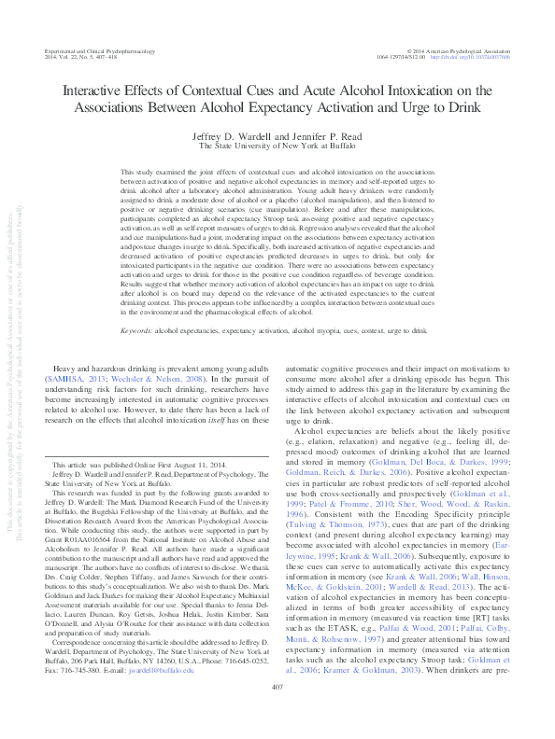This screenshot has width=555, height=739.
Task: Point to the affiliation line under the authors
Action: (x=277, y=146)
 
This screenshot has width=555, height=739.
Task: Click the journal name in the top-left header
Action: (x=97, y=51)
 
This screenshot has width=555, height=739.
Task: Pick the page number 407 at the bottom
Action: (x=277, y=712)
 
